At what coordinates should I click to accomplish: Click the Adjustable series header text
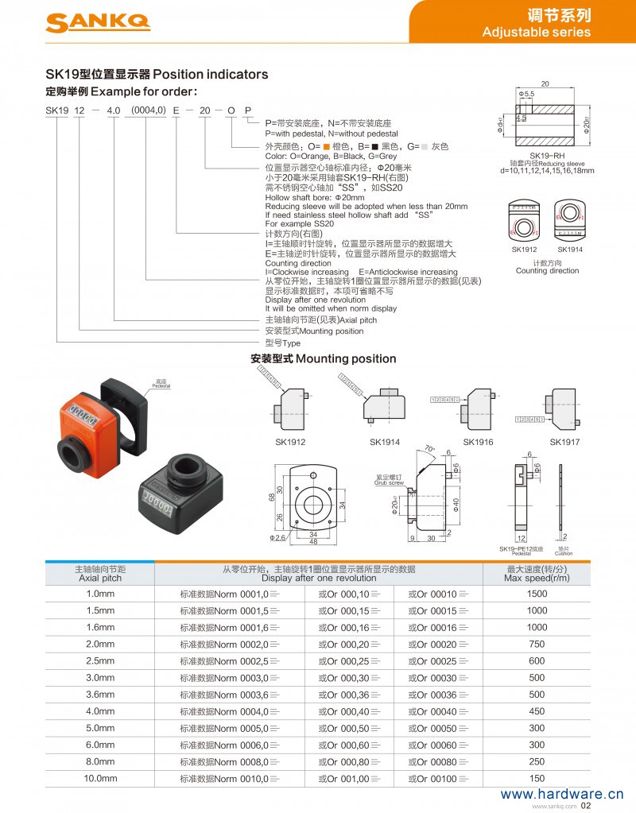pos(537,33)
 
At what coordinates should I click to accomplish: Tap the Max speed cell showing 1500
pos(537,594)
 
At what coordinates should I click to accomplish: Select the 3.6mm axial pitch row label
pos(100,695)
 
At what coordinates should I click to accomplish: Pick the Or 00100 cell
pos(438,779)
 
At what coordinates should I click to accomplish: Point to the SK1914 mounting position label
pos(384,442)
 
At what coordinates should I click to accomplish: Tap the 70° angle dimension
pos(429,448)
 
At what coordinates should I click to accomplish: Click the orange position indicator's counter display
pos(80,413)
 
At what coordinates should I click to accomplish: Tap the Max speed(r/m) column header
pos(537,574)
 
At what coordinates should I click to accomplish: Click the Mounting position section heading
pos(323,358)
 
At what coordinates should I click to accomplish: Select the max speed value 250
pos(537,762)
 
